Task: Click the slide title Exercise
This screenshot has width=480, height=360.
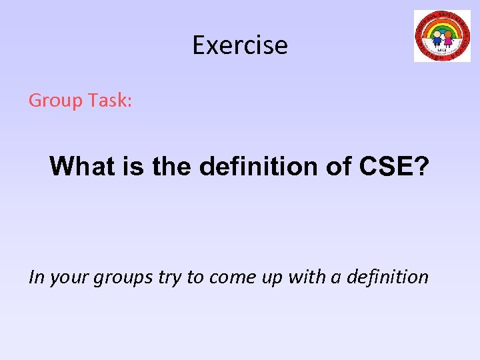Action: point(240,45)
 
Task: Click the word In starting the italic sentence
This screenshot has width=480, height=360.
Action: point(36,277)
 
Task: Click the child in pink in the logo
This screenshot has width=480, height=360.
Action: point(449,38)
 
